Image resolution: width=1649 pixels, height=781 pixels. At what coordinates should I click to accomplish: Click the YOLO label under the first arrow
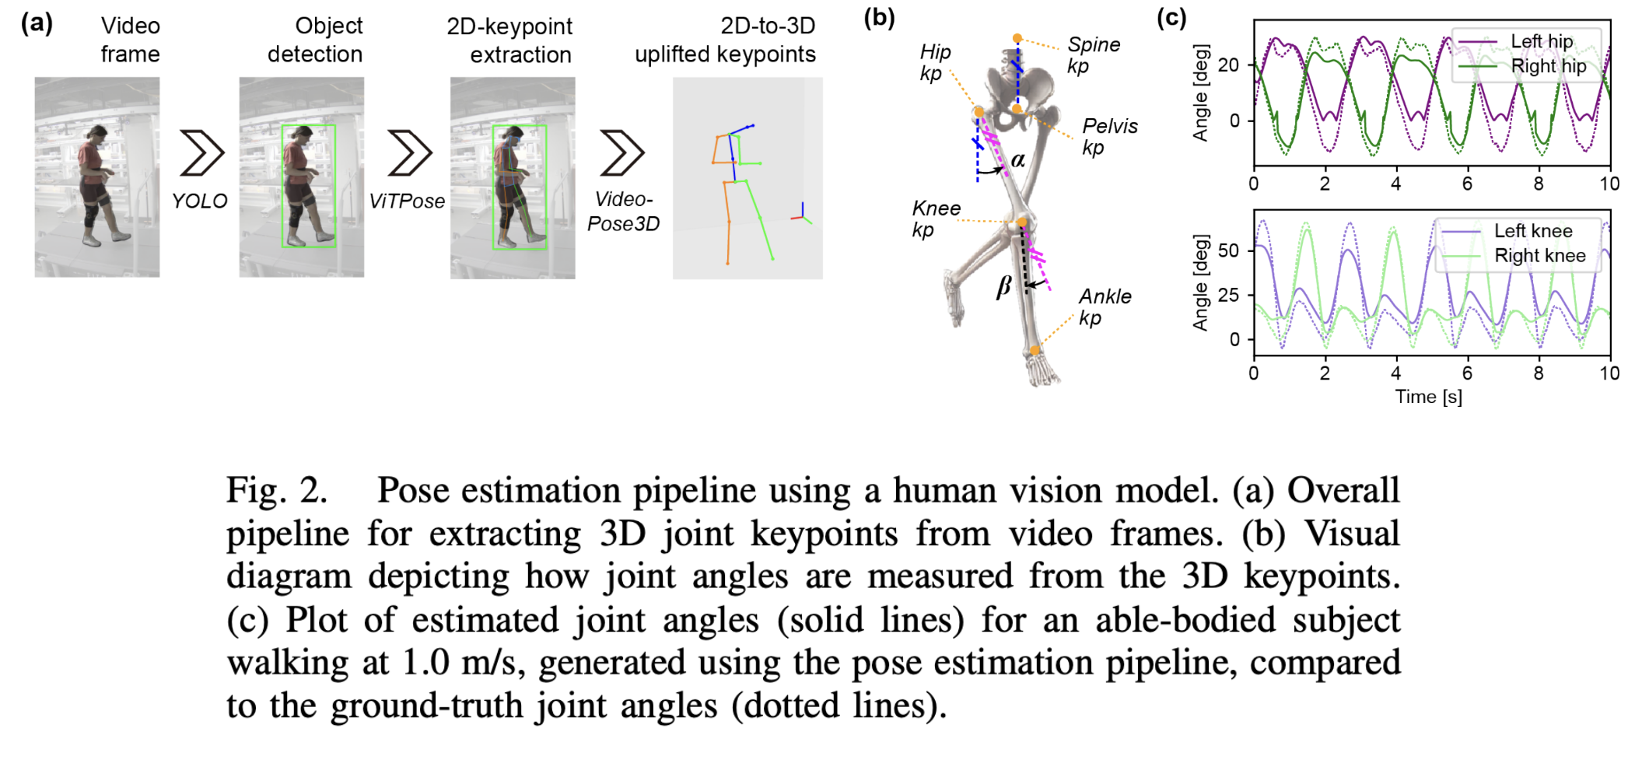(199, 201)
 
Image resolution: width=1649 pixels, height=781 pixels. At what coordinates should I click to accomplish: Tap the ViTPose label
(407, 201)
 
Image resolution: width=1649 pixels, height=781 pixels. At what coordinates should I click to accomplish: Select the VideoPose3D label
(623, 212)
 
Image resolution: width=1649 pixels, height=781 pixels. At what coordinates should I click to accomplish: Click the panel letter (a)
(37, 23)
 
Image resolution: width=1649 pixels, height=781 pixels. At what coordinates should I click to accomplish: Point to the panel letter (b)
(879, 18)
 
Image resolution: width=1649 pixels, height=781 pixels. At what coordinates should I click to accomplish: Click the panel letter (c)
(1171, 18)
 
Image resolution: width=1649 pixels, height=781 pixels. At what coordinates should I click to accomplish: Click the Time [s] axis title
(1428, 397)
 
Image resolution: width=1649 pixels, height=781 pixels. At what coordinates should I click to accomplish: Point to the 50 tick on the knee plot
(1228, 250)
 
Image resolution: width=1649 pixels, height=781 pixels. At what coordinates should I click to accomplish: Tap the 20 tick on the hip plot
(1228, 65)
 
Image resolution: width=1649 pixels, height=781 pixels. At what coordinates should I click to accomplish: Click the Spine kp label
(1093, 55)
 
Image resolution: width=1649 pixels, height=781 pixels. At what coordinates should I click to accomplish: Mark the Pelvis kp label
(1109, 136)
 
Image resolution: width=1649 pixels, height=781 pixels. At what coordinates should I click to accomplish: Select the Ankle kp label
(1105, 306)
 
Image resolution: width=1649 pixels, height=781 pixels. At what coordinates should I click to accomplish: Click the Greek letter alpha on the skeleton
(1017, 160)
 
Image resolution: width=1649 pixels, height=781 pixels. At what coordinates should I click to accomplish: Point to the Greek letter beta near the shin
(1004, 287)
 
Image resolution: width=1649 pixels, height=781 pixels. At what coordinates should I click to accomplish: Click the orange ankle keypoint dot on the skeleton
(1035, 350)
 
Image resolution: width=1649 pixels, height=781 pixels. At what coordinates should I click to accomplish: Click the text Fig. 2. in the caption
(276, 491)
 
